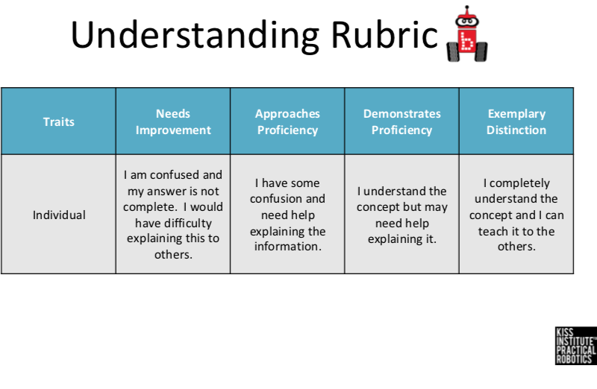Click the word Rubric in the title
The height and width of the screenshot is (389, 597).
click(384, 34)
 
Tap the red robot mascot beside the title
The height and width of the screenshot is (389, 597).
click(467, 34)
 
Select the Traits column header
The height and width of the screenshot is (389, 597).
click(59, 121)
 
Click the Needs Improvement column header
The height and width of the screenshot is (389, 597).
click(173, 121)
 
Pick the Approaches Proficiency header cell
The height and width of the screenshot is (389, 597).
click(287, 121)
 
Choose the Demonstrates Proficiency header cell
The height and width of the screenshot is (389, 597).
click(402, 121)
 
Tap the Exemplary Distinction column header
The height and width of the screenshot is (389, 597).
click(516, 121)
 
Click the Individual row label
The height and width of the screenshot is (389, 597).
click(59, 215)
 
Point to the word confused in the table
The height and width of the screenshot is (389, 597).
click(175, 175)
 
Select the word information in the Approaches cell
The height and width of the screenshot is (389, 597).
click(288, 247)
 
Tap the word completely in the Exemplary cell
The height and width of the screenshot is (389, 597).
click(519, 183)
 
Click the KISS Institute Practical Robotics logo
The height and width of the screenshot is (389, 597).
click(575, 346)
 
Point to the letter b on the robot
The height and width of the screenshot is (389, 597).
click(467, 41)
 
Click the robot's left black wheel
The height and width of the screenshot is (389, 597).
click(453, 51)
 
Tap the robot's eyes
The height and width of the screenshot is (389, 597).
click(467, 22)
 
